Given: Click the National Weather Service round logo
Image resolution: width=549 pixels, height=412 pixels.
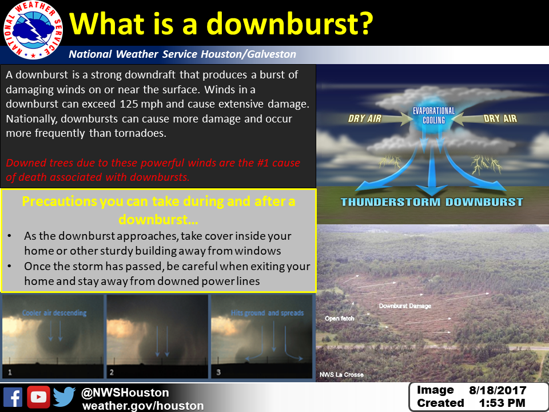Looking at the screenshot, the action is tap(33, 30).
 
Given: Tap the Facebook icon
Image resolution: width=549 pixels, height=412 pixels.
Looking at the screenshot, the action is tap(13, 397).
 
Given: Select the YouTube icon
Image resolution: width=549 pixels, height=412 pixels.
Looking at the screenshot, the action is tap(38, 397).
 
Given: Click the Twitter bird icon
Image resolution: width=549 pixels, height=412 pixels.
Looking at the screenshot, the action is tap(65, 397).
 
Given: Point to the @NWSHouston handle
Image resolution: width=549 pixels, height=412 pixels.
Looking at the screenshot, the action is tap(125, 393).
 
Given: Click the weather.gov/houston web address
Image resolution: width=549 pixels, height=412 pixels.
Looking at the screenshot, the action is tap(143, 406).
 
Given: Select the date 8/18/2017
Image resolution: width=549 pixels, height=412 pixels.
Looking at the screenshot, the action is tap(498, 390).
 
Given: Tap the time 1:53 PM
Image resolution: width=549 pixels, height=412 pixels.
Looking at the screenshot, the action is tap(502, 403).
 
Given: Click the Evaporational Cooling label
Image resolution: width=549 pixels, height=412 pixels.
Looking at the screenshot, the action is tap(433, 116).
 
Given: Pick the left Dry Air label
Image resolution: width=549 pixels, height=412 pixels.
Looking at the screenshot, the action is tap(364, 118).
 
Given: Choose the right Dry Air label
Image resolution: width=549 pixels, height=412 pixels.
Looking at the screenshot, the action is tap(500, 118).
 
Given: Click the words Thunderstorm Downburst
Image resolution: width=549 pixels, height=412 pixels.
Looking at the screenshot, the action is tap(432, 202).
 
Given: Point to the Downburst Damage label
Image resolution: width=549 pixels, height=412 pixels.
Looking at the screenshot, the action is tap(405, 306).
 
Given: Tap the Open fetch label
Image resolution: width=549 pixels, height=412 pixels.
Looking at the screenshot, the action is tap(339, 319).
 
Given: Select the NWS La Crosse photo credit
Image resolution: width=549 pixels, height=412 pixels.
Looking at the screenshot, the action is tap(341, 374).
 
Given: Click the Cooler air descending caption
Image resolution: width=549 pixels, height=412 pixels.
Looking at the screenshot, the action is tap(54, 313).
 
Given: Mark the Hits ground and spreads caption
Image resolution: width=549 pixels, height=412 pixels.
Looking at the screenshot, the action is tap(267, 313).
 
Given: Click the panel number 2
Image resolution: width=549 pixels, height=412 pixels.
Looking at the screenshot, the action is tap(112, 372).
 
